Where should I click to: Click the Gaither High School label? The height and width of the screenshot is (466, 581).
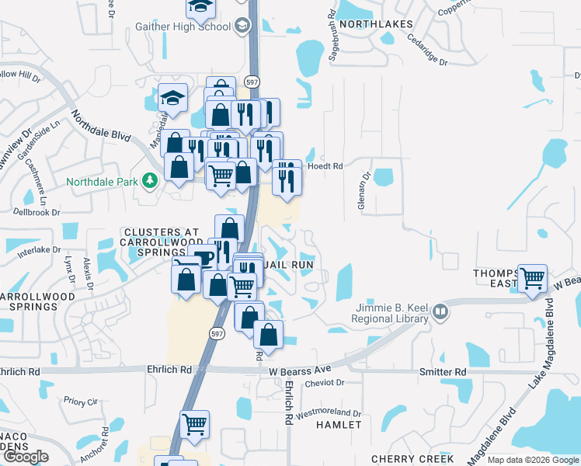pos(183,26)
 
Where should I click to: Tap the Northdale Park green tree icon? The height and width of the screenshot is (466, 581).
pos(149,181)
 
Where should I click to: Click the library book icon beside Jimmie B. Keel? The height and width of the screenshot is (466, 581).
pos(441,312)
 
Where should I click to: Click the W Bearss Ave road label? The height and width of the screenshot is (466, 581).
pos(301,370)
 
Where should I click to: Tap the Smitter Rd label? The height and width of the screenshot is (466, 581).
pos(444,373)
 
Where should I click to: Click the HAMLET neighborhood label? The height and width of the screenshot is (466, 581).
pos(339,425)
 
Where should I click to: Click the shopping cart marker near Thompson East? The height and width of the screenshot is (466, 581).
pos(532,277)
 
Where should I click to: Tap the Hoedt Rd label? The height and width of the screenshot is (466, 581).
pos(325,166)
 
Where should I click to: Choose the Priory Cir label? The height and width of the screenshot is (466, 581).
pos(81,402)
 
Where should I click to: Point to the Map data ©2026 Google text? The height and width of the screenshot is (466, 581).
pos(533,460)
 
